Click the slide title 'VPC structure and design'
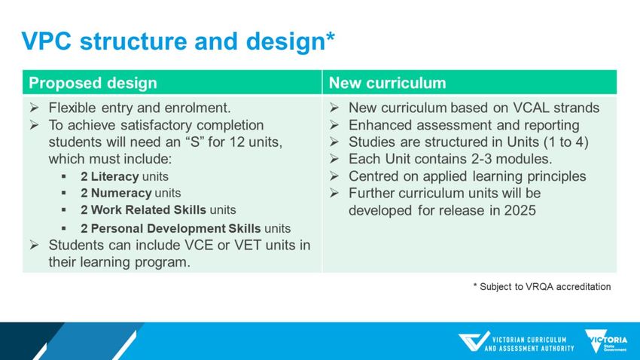pyautogui.click(x=173, y=41)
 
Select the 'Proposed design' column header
pyautogui.click(x=93, y=83)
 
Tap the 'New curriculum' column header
pyautogui.click(x=387, y=83)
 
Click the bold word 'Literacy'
pyautogui.click(x=114, y=176)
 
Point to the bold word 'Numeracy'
pyautogui.click(x=121, y=193)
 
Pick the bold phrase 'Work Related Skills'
pyautogui.click(x=148, y=210)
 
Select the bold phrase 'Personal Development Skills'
pyautogui.click(x=175, y=228)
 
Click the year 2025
pyautogui.click(x=520, y=210)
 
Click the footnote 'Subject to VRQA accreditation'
pyautogui.click(x=545, y=286)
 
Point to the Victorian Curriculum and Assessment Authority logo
pyautogui.click(x=516, y=342)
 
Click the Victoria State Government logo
pyautogui.click(x=605, y=341)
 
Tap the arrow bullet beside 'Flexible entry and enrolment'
pyautogui.click(x=35, y=108)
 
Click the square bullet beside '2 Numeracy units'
pyautogui.click(x=64, y=193)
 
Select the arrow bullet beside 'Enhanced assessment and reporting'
pyautogui.click(x=334, y=125)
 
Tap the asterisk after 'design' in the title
pyautogui.click(x=331, y=36)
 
